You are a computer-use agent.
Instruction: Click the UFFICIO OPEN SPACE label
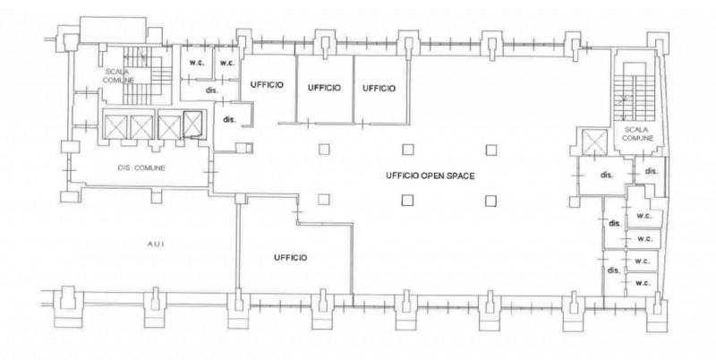pyautogui.click(x=430, y=176)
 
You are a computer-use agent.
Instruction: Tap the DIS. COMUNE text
pyautogui.click(x=141, y=168)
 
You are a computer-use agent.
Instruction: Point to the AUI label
pyautogui.click(x=156, y=244)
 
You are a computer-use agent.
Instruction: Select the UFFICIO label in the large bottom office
pyautogui.click(x=290, y=258)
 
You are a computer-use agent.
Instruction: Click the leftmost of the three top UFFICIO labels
pyautogui.click(x=267, y=85)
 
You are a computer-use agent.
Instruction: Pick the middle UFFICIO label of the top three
pyautogui.click(x=324, y=88)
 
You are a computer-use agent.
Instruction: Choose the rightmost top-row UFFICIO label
pyautogui.click(x=379, y=88)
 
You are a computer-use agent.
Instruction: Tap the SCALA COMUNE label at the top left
pyautogui.click(x=118, y=76)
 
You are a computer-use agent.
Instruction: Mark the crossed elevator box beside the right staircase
pyautogui.click(x=595, y=141)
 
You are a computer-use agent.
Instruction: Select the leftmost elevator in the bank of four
pyautogui.click(x=115, y=126)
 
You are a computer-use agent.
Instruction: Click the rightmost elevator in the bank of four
pyautogui.click(x=192, y=124)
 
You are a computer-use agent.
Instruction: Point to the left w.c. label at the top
pyautogui.click(x=197, y=63)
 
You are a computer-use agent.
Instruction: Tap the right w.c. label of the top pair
pyautogui.click(x=227, y=63)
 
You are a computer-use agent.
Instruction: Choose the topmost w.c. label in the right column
pyautogui.click(x=644, y=216)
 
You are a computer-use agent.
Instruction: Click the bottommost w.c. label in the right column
pyautogui.click(x=643, y=283)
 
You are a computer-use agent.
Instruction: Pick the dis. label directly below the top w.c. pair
pyautogui.click(x=212, y=90)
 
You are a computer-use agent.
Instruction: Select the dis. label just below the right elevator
pyautogui.click(x=607, y=175)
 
